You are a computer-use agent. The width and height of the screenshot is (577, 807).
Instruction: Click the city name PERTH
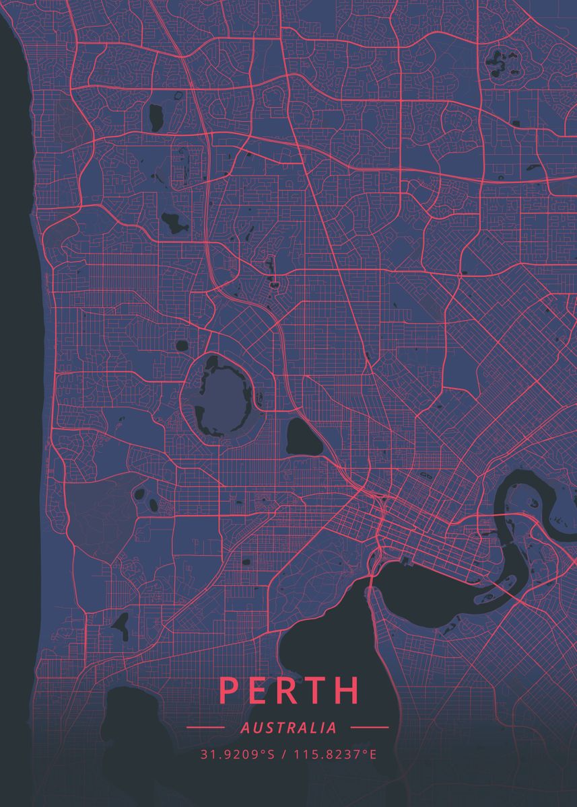pos(289,690)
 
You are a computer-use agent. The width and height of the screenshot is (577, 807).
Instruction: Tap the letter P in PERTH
pos(228,690)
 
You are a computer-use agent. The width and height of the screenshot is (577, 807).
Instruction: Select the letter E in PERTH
pos(258,690)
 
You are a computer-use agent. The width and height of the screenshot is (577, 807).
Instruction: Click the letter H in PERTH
pos(347,690)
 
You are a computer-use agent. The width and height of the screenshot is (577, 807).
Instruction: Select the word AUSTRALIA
pos(288,728)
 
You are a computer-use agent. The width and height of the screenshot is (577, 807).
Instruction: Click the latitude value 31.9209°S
pos(237,754)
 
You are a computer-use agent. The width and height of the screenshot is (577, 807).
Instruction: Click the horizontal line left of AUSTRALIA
pos(205,728)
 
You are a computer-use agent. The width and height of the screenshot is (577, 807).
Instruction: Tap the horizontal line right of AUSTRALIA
pos(370,728)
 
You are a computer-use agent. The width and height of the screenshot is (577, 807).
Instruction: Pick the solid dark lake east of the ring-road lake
pos(303,438)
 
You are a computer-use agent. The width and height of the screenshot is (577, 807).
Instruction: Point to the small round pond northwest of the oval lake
pos(181,346)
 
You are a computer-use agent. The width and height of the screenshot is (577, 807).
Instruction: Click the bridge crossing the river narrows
pos(370,584)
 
